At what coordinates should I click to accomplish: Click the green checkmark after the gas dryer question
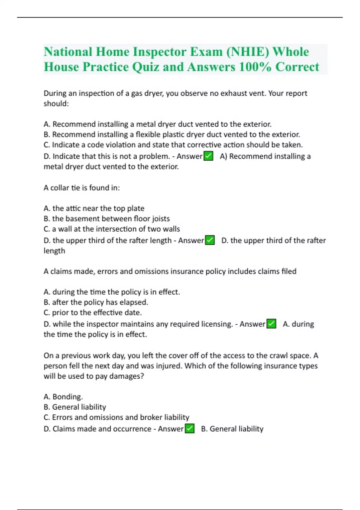(208, 156)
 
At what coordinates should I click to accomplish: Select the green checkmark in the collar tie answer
(210, 240)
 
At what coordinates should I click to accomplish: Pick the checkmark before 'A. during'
(271, 324)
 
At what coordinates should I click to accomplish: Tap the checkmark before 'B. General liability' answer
(190, 429)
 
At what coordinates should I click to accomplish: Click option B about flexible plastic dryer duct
(172, 134)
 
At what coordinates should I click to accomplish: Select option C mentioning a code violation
(173, 145)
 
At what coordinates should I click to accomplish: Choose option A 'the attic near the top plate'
(94, 208)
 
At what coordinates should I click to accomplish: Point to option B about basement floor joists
(106, 219)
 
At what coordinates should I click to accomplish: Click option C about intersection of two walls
(112, 229)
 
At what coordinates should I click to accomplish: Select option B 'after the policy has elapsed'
(96, 302)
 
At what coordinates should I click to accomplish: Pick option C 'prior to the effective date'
(92, 313)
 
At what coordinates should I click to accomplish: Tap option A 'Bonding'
(63, 397)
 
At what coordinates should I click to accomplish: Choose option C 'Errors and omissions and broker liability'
(116, 417)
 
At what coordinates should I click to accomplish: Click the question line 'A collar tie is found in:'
(82, 188)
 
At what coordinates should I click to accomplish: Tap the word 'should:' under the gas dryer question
(56, 103)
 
